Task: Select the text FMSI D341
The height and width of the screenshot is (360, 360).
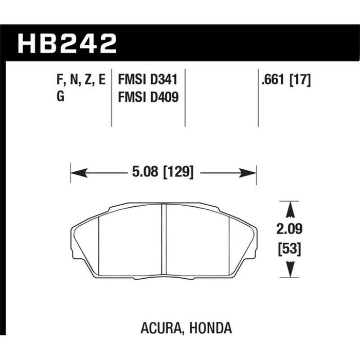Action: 148,80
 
